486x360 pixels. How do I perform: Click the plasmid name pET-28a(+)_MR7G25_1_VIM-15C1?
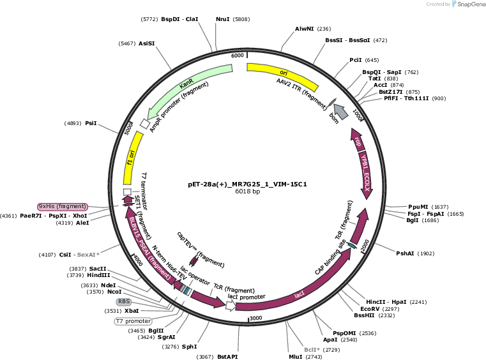click(x=247, y=184)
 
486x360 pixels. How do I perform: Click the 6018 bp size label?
click(x=247, y=191)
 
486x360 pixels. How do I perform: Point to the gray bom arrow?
click(x=341, y=112)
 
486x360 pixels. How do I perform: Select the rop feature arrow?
click(x=357, y=140)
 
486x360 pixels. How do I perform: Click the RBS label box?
click(x=124, y=301)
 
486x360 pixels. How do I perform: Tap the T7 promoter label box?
click(x=133, y=321)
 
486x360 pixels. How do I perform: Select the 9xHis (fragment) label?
click(x=63, y=206)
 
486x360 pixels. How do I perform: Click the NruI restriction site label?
click(x=222, y=19)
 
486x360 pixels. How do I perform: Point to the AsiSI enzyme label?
click(x=147, y=43)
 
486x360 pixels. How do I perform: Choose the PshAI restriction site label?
click(x=405, y=253)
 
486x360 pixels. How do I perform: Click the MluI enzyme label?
click(x=296, y=357)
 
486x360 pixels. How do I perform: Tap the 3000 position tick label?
click(x=256, y=318)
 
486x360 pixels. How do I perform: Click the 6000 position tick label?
click(x=238, y=56)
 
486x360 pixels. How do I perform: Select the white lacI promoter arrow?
click(x=231, y=306)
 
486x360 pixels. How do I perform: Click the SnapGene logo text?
click(x=471, y=4)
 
